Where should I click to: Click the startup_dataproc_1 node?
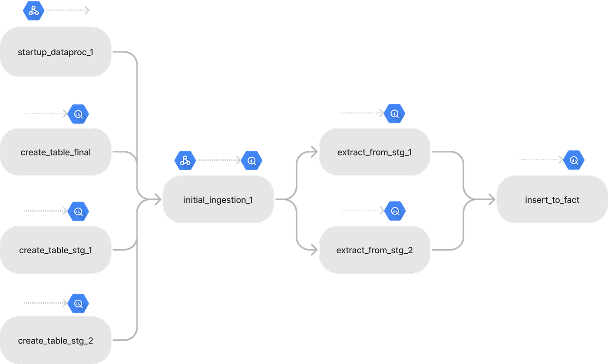56,52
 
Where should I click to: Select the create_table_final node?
56,152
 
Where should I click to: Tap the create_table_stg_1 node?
56,250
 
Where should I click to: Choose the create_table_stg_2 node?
56,340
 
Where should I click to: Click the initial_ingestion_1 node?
218,199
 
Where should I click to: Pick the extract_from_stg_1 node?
374,152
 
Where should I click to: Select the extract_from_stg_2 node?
374,250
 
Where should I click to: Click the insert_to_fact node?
552,199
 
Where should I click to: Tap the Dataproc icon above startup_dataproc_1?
34,10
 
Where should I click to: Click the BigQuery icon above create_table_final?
78,114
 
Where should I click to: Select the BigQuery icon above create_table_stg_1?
78,212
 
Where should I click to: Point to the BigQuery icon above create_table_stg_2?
78,304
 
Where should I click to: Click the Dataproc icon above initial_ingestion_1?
185,160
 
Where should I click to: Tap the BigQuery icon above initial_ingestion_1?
251,160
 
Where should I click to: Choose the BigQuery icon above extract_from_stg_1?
394,113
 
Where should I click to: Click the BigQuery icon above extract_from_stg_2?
395,211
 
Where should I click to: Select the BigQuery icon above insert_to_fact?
574,160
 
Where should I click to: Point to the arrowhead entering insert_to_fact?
492,199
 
